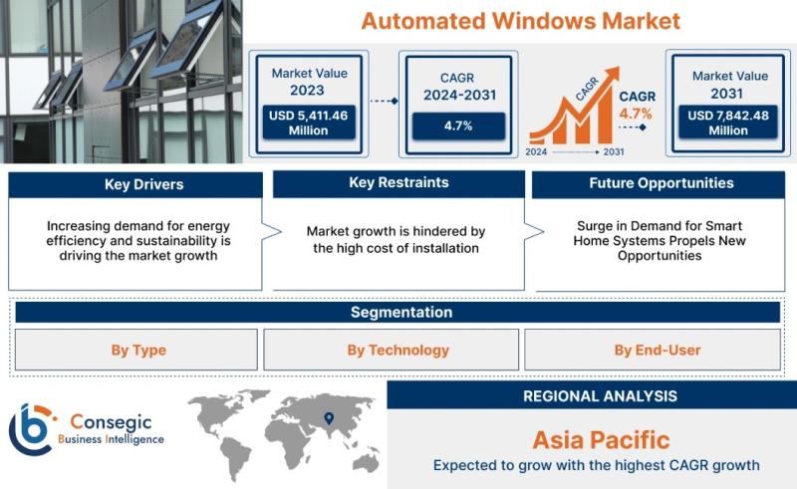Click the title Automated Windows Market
point(520,21)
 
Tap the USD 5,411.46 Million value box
point(309,122)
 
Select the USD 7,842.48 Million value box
point(728,122)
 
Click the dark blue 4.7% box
point(458,126)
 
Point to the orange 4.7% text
point(636,114)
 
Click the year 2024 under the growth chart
point(536,151)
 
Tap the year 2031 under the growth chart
point(614,151)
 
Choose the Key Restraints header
point(399,183)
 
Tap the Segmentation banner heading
point(401,312)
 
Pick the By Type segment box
point(136,350)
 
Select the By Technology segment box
point(391,350)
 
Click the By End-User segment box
point(653,350)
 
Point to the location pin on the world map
point(329,418)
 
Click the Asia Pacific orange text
point(601,439)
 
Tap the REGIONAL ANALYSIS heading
point(601,396)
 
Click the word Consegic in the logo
point(111,421)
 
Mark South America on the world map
point(235,457)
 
